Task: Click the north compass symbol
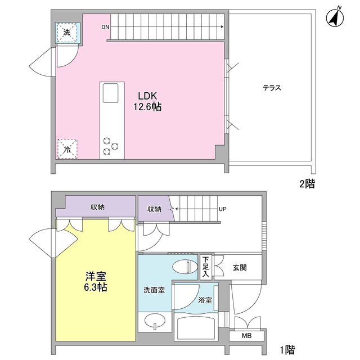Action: coord(335,18)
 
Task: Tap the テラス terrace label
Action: coord(271,88)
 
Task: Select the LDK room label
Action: coord(147,95)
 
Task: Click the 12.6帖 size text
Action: coord(147,106)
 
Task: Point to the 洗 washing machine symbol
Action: coord(67,33)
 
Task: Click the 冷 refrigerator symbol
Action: coord(67,149)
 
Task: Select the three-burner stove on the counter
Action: coord(110,146)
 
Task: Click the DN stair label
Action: coord(105,27)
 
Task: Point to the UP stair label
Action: coord(223,209)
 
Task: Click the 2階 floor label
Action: coord(307,183)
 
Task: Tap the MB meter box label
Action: coord(246,336)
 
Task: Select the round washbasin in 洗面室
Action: coord(153,322)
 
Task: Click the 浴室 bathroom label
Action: coord(205,300)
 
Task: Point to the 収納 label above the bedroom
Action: coord(98,206)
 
